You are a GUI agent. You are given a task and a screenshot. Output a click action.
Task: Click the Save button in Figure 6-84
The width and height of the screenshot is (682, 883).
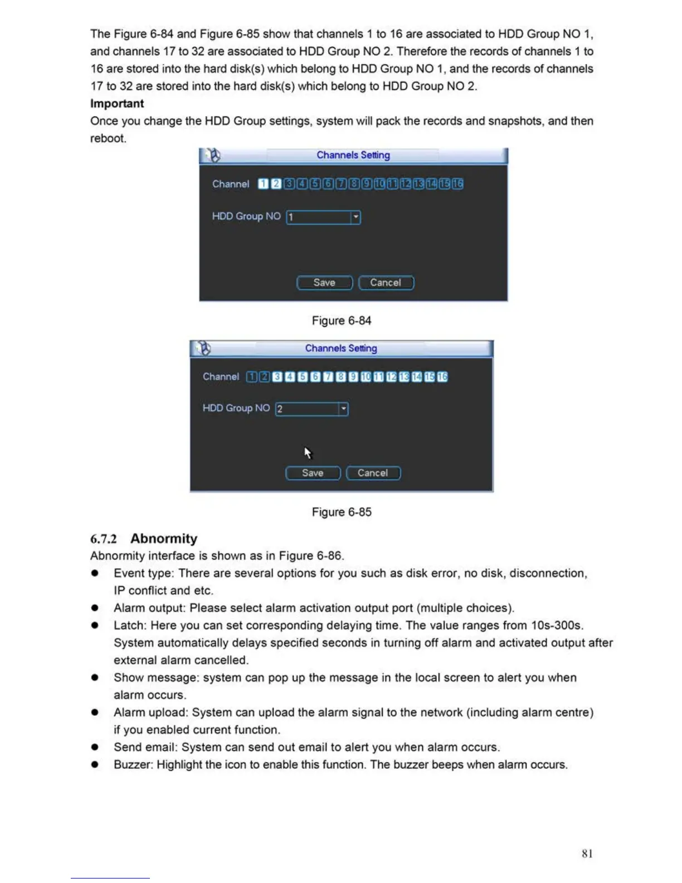[x=324, y=283]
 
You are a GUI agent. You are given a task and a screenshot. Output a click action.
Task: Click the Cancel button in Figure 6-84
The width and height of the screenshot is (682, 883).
[x=386, y=283]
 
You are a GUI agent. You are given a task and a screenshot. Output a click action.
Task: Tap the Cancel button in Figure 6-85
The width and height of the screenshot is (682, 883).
[x=373, y=473]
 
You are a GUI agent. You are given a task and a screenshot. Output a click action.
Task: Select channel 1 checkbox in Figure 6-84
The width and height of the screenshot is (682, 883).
[x=263, y=184]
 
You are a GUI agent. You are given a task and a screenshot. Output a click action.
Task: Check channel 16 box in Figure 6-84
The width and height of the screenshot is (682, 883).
[x=457, y=184]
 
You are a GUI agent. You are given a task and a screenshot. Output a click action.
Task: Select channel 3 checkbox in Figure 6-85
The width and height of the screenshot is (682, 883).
[x=277, y=377]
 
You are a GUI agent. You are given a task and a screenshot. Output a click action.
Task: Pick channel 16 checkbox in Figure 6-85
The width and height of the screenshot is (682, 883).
[x=442, y=377]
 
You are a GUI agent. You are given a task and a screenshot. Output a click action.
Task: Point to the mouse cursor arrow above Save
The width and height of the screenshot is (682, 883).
[x=308, y=452]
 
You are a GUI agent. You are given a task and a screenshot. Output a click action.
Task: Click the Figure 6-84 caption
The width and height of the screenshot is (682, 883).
[x=341, y=321]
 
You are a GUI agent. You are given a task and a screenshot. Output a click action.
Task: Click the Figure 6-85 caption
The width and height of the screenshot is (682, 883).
[x=341, y=512]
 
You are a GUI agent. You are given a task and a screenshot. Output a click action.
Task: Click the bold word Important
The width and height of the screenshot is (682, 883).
[x=117, y=104]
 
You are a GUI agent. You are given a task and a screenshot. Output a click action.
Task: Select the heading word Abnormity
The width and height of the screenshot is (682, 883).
[x=164, y=538]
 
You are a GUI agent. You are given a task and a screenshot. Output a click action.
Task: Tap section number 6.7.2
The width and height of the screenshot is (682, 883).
[x=104, y=539]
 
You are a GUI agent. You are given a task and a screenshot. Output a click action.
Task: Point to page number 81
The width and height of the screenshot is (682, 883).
[x=587, y=853]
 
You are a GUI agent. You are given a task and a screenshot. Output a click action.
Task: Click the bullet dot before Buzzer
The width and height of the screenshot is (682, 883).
[x=95, y=765]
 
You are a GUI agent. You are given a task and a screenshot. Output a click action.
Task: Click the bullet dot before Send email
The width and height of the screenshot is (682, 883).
[x=95, y=748]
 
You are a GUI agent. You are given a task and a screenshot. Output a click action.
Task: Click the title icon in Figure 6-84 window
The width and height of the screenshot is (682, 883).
[x=212, y=155]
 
